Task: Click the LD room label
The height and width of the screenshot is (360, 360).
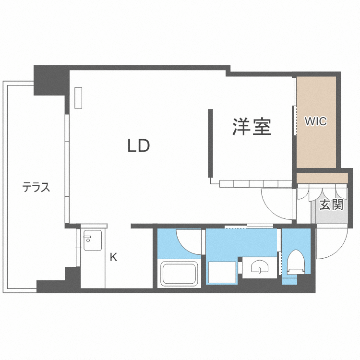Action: click(x=139, y=146)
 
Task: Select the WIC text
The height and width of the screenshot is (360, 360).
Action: click(x=316, y=121)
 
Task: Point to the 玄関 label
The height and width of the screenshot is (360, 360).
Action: click(x=331, y=205)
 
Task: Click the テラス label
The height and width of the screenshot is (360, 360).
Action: click(x=36, y=187)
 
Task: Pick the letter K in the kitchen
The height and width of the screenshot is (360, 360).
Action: click(x=113, y=257)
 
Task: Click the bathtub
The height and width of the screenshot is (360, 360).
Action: click(x=180, y=274)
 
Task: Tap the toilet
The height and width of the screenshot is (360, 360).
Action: click(x=296, y=263)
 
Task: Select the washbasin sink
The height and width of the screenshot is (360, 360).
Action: click(x=259, y=267)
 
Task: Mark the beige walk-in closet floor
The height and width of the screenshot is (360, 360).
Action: click(x=315, y=144)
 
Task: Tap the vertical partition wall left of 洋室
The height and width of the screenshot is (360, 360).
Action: click(x=210, y=143)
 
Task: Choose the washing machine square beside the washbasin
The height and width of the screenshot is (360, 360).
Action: click(x=223, y=273)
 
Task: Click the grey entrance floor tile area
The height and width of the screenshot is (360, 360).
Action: click(x=331, y=211)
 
